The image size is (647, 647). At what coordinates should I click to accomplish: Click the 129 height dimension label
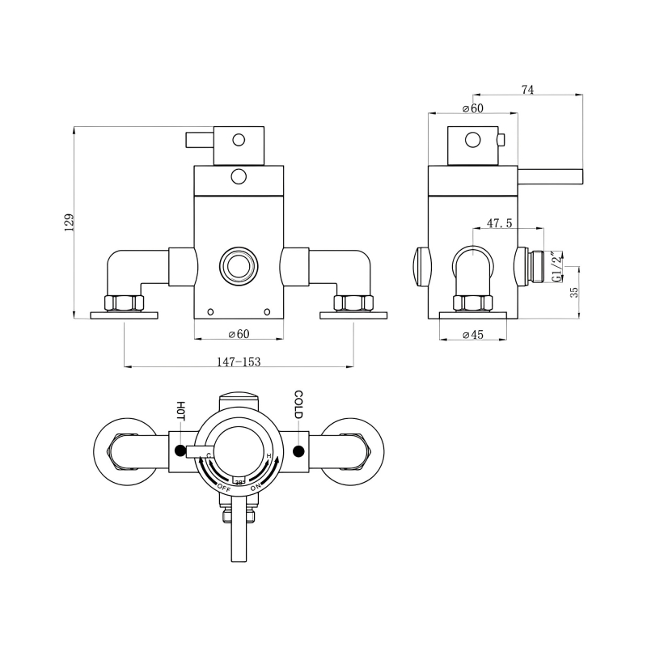[70, 222]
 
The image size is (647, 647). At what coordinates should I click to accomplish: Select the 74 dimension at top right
[527, 91]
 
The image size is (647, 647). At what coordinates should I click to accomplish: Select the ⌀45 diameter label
[472, 335]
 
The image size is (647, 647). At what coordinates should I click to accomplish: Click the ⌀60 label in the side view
[472, 108]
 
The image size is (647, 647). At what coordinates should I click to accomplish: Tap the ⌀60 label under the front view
[239, 335]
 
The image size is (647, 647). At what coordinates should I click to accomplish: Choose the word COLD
[298, 404]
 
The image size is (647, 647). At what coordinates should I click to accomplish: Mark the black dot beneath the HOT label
[180, 450]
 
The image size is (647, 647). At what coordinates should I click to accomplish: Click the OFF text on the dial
[224, 487]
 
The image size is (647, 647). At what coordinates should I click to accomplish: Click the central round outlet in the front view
[239, 264]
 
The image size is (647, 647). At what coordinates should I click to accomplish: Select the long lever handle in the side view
[550, 177]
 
